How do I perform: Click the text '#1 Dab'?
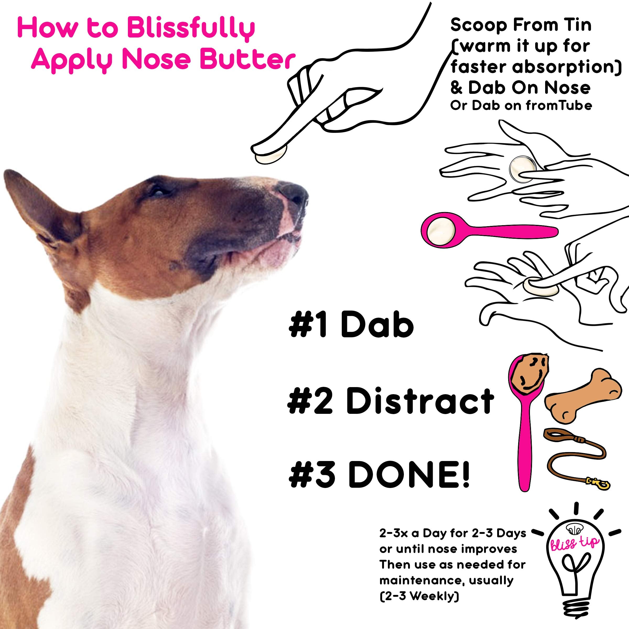click(x=351, y=325)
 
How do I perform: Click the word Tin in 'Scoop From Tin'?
click(x=578, y=25)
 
